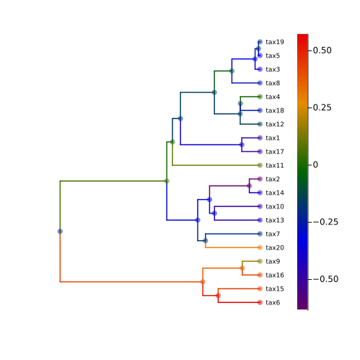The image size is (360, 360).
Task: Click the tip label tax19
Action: (275, 42)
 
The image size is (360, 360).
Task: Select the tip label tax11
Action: (275, 165)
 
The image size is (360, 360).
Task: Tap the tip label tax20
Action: (275, 247)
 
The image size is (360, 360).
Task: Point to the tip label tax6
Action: (273, 302)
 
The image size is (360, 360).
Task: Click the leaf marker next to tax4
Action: (260, 97)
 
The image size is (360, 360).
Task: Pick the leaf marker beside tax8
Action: (260, 83)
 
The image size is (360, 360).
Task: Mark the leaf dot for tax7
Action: (260, 234)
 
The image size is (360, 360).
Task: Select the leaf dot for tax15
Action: (260, 289)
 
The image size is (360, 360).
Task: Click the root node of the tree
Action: (60, 232)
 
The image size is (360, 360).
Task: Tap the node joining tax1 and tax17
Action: (242, 145)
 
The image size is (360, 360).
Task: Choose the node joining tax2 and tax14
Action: (249, 186)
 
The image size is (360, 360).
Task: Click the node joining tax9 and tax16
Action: (242, 268)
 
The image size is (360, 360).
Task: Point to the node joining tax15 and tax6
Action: (218, 296)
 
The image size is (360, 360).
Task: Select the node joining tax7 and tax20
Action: (206, 241)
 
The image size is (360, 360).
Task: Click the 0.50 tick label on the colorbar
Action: (322, 51)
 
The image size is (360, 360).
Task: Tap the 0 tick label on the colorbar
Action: (315, 164)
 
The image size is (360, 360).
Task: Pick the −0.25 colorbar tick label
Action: (325, 222)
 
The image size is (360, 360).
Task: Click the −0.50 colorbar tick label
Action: (325, 279)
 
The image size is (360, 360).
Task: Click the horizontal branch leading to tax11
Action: (216, 165)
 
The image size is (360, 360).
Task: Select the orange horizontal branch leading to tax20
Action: (232, 247)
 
